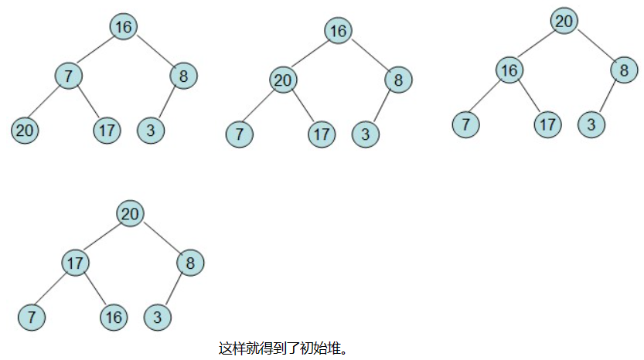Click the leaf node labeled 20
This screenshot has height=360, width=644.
(x=25, y=131)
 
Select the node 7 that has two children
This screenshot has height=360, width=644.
(x=68, y=76)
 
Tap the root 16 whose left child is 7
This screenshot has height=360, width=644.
(x=123, y=27)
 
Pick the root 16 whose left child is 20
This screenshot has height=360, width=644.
(x=338, y=31)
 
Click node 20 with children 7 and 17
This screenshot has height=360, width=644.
(x=284, y=80)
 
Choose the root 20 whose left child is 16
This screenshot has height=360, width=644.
(x=564, y=21)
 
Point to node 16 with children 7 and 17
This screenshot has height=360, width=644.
(x=508, y=71)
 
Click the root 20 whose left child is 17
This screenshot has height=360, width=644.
(x=131, y=213)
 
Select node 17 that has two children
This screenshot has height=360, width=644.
(x=75, y=263)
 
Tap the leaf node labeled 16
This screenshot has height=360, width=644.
(x=113, y=317)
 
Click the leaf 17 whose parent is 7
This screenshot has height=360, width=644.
(x=107, y=131)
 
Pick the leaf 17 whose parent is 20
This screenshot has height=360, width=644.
(x=322, y=134)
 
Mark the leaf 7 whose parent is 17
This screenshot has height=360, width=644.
(x=32, y=317)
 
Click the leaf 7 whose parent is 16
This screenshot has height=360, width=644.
(x=465, y=124)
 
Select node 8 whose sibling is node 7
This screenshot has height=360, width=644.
(x=183, y=76)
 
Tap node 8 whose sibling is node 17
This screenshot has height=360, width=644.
(x=190, y=263)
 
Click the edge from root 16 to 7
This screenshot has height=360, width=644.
(x=96, y=51)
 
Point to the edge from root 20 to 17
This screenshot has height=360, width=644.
(x=103, y=238)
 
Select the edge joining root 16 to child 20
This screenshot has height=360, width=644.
(x=311, y=55)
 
